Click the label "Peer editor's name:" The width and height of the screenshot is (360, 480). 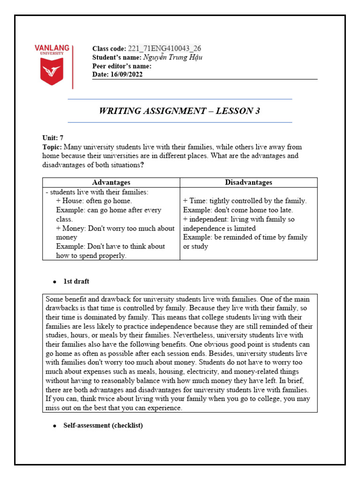(122, 66)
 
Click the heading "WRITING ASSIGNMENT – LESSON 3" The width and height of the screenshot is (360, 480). (180, 111)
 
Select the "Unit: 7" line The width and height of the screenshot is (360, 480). (52, 138)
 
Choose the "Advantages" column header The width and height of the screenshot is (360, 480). (111, 182)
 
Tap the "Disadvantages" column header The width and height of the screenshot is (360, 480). (248, 182)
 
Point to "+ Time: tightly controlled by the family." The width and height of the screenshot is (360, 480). (245, 201)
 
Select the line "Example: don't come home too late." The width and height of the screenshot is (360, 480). (238, 210)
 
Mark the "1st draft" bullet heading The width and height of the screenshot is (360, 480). (76, 281)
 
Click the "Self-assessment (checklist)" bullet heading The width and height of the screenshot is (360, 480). (103, 426)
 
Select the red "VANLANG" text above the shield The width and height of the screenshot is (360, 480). (52, 48)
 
